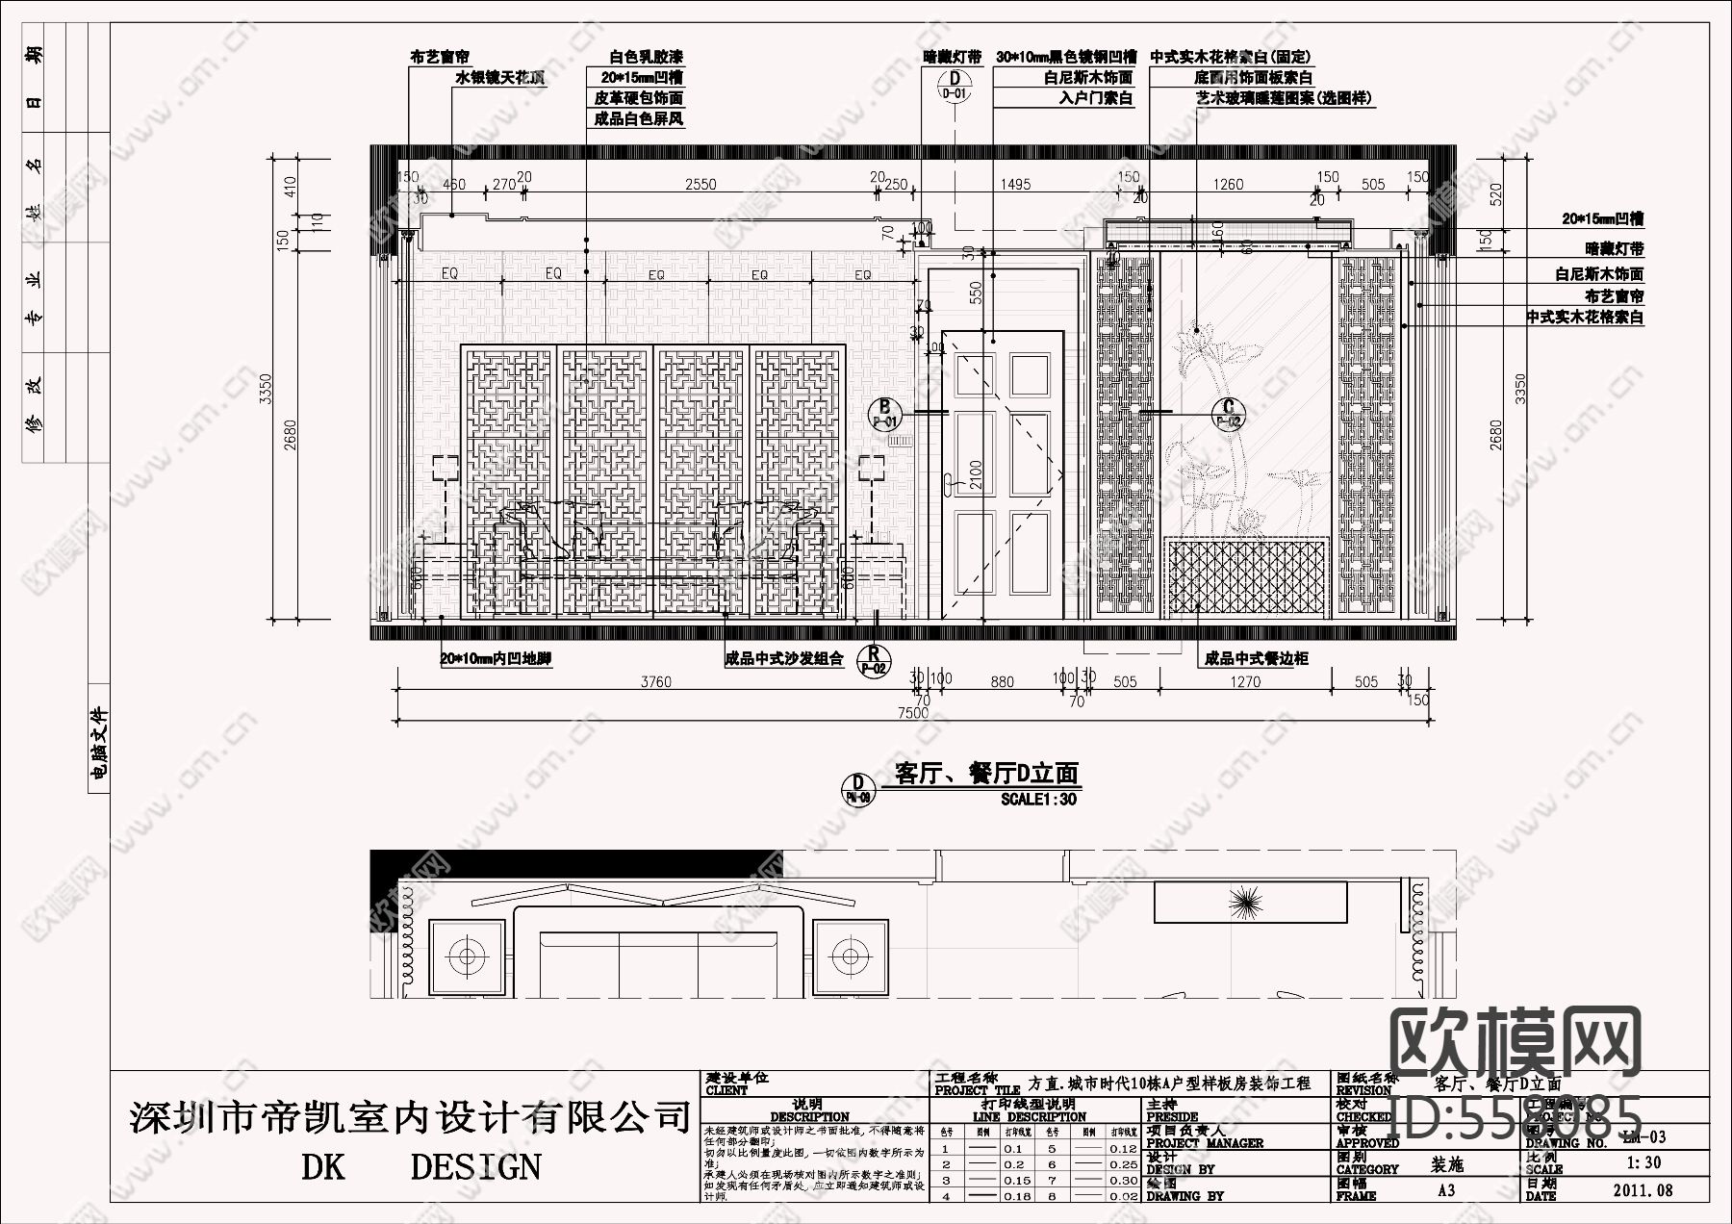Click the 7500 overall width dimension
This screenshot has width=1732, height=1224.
(x=912, y=712)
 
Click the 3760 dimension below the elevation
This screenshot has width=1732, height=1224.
(x=655, y=682)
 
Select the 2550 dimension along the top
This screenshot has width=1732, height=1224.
(x=700, y=184)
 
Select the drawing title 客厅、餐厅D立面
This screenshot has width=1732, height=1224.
(x=986, y=774)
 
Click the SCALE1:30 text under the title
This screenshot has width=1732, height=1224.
(x=1038, y=799)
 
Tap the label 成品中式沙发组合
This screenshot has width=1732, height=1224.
(x=783, y=659)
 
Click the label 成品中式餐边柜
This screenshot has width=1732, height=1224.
(x=1256, y=659)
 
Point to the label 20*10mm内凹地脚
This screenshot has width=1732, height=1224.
(x=496, y=659)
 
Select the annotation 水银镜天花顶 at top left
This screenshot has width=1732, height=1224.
(x=499, y=78)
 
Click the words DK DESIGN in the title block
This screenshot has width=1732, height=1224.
(x=420, y=1166)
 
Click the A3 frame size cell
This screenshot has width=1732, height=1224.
(x=1445, y=1190)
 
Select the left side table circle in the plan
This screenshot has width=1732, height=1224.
(x=467, y=956)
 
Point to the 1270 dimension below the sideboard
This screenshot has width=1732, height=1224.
(x=1244, y=682)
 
